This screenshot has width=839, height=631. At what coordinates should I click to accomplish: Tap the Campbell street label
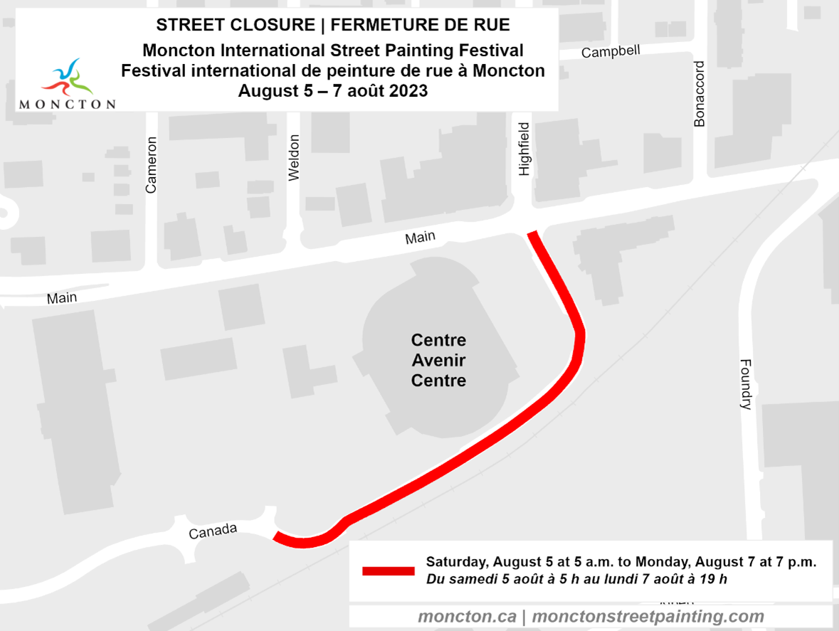tap(611, 52)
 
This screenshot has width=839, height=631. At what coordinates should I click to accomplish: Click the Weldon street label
tap(294, 157)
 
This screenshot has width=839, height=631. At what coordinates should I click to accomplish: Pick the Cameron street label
tap(150, 164)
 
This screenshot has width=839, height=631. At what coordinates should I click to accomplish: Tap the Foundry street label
tap(745, 384)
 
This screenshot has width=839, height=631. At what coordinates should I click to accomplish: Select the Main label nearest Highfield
tap(420, 238)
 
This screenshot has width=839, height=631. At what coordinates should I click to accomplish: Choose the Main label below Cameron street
tap(62, 299)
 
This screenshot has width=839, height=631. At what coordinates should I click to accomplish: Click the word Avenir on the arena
tap(438, 360)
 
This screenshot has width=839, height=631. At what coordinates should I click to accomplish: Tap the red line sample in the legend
tap(388, 571)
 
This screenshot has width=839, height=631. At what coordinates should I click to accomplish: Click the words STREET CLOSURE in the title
tap(235, 25)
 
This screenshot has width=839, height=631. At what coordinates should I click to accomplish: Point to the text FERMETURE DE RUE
tap(421, 25)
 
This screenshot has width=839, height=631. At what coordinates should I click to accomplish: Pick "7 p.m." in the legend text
tap(796, 561)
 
